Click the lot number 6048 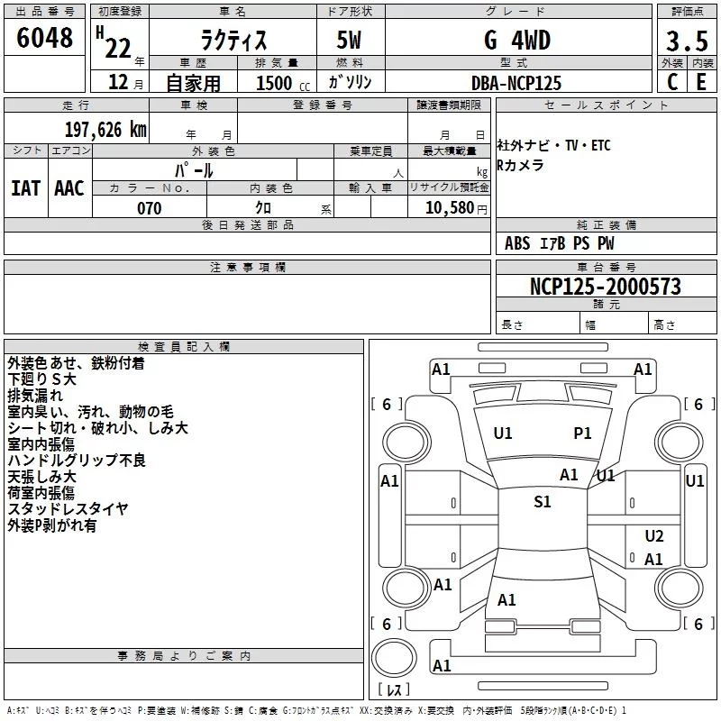[x=45, y=39]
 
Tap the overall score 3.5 [x=685, y=41]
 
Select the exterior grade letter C [x=671, y=81]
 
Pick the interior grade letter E [x=701, y=81]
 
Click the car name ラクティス [x=233, y=41]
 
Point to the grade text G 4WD [x=516, y=41]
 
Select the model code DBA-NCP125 [x=516, y=82]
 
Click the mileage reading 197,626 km [x=105, y=129]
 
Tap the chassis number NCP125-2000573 [x=605, y=287]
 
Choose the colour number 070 [x=149, y=208]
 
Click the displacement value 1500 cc [x=279, y=83]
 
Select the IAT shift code [x=25, y=187]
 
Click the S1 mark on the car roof [x=543, y=502]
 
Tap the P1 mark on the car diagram [x=583, y=434]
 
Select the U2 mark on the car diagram [x=654, y=535]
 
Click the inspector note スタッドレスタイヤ [x=68, y=509]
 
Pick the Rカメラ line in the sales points [x=521, y=165]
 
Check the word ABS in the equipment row [x=517, y=243]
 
